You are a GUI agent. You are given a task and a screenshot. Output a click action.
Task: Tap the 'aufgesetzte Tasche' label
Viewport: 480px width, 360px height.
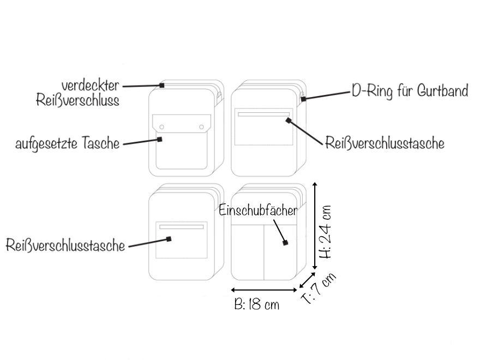(67, 144)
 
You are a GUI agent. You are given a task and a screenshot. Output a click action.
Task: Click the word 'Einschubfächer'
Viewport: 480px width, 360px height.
(258, 211)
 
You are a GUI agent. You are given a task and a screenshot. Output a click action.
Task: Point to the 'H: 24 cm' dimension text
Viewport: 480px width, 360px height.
(326, 232)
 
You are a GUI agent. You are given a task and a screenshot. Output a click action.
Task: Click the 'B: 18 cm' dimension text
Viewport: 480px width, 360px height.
(256, 304)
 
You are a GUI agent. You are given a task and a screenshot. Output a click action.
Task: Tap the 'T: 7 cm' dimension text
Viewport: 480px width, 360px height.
(319, 287)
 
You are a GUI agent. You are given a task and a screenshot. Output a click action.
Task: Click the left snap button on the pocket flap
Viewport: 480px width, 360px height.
(161, 127)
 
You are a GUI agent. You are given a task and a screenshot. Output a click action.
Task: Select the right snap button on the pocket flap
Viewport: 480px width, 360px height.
(201, 127)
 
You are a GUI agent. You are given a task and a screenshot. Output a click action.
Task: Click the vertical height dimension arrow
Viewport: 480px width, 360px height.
(315, 226)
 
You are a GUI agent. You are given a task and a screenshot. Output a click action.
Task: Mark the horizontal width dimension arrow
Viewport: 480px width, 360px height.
(265, 289)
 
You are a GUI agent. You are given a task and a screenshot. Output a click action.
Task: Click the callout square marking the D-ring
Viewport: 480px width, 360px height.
(303, 99)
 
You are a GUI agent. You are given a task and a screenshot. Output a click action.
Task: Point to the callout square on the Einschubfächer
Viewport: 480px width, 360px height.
(285, 243)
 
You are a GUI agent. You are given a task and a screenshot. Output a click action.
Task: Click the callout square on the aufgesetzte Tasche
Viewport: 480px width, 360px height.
(161, 140)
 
